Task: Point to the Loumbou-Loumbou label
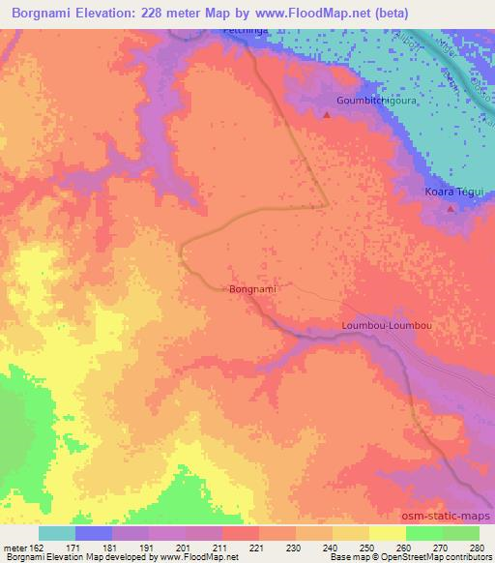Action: point(387,326)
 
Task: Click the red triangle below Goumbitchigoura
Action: point(326,115)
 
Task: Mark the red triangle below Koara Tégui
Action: point(451,207)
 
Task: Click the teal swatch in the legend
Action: point(57,533)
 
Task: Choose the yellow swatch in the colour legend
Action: point(386,533)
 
